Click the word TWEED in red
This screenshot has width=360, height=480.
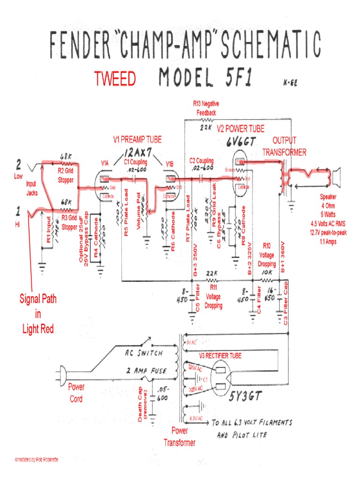pos(115,79)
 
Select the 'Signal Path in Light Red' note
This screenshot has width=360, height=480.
pos(38,314)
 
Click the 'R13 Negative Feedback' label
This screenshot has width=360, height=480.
pos(206,108)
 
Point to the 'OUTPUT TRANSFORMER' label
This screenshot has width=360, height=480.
pos(285,146)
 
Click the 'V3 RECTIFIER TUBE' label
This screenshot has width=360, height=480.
pos(220,356)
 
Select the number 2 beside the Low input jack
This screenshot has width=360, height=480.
pos(19,165)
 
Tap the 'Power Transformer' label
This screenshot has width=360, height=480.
pos(180,436)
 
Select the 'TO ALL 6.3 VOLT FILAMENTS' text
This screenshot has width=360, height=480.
pos(252,422)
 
